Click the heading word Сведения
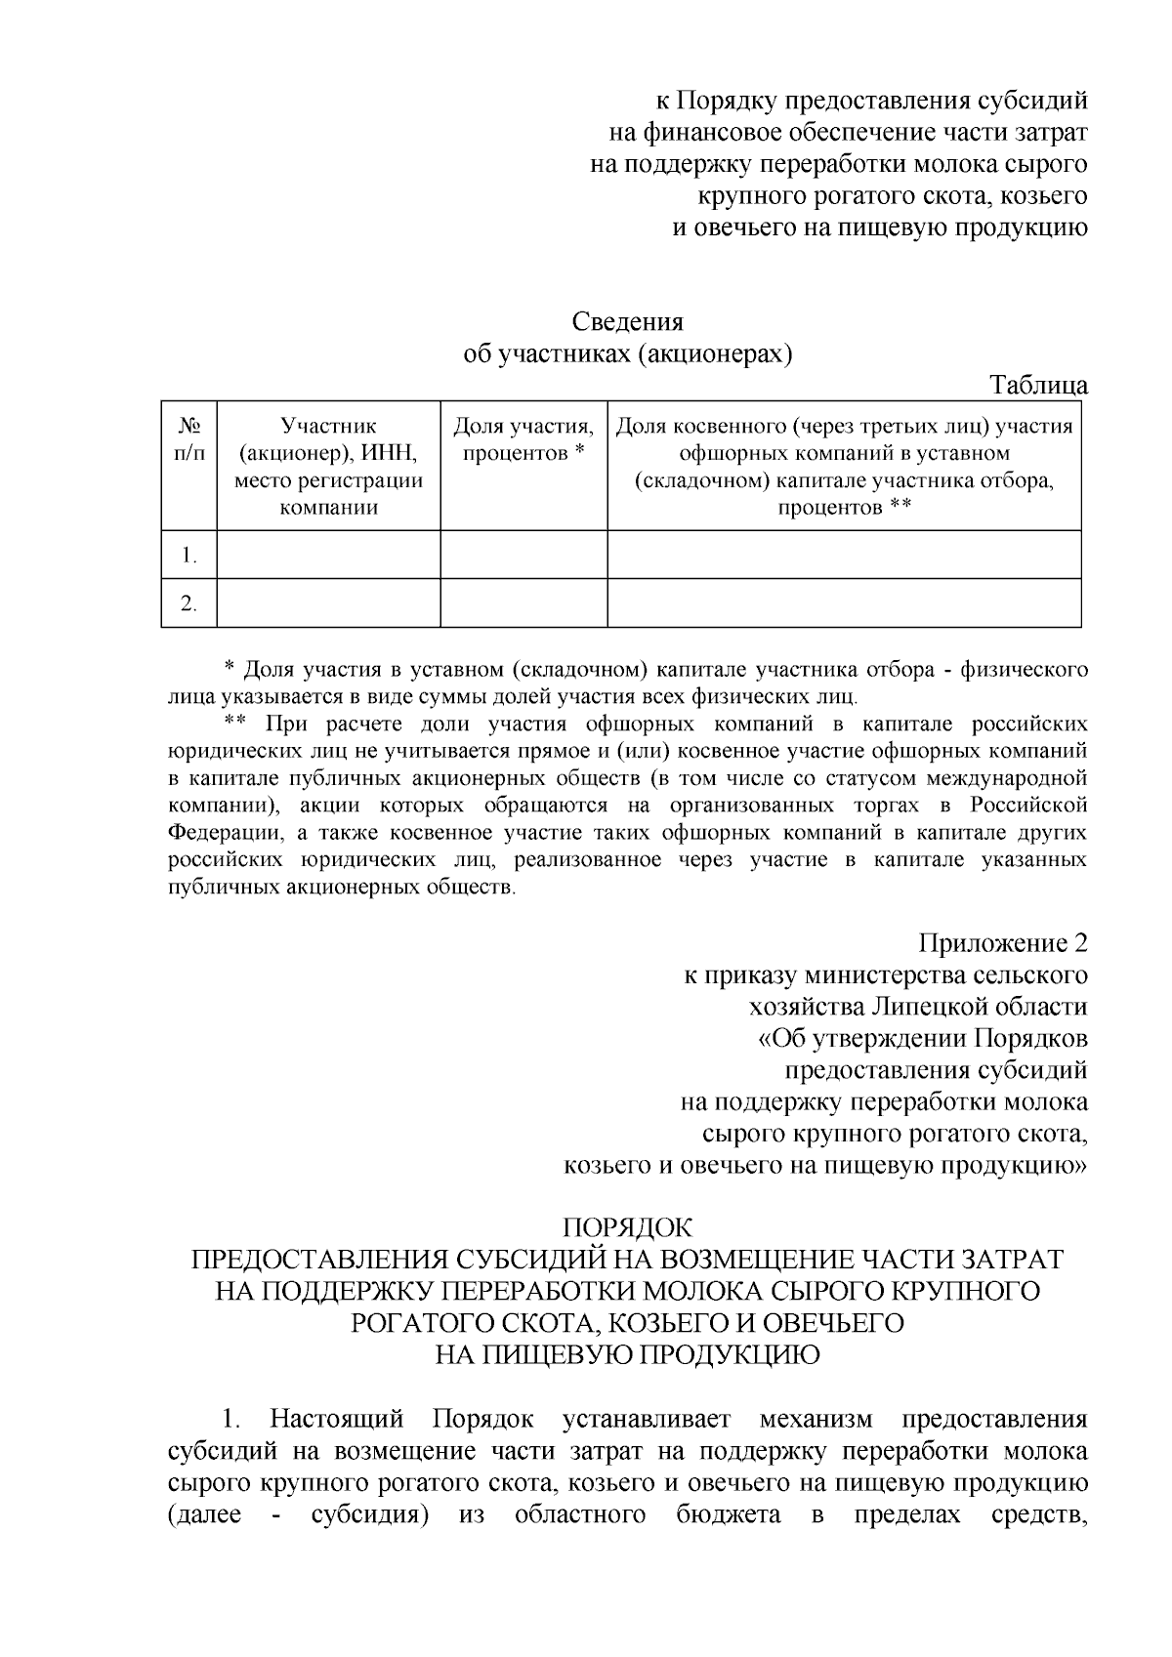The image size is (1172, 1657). pos(627,322)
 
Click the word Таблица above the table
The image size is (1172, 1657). pos(1039,385)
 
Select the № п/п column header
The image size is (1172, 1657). pos(189,439)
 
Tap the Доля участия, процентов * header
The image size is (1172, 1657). pos(523,439)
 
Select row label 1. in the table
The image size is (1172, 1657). pos(189,557)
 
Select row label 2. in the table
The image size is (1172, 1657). pos(189,603)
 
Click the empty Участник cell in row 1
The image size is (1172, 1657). pos(328,555)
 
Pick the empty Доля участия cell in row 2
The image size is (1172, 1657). pos(523,602)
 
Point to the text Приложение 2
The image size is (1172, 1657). pos(1002,944)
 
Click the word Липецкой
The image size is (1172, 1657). pos(936,1007)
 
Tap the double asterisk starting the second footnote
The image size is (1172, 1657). pos(234,725)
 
